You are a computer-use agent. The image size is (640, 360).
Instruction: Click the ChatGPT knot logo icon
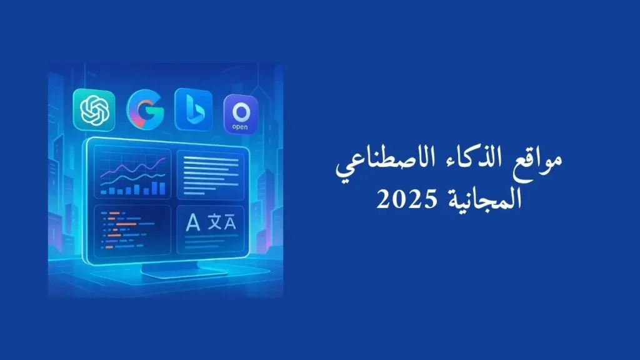(94, 110)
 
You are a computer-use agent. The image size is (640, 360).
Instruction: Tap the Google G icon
(145, 110)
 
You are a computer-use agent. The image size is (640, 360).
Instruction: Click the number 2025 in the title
(401, 199)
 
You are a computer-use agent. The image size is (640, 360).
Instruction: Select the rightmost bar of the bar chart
(163, 187)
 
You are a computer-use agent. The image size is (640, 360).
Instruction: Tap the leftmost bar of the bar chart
(104, 192)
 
